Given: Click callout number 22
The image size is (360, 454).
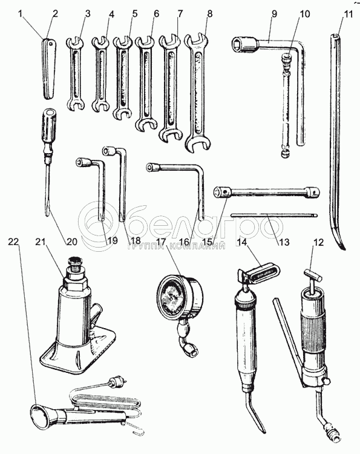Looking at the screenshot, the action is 13,242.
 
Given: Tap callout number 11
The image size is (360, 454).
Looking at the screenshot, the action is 348,13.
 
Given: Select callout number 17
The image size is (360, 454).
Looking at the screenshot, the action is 163,241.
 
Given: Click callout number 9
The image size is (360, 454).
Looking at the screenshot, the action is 273,13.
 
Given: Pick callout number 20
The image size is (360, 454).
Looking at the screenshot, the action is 72,241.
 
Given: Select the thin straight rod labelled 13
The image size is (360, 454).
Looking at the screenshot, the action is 274,215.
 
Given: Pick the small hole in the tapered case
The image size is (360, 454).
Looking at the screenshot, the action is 51,44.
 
